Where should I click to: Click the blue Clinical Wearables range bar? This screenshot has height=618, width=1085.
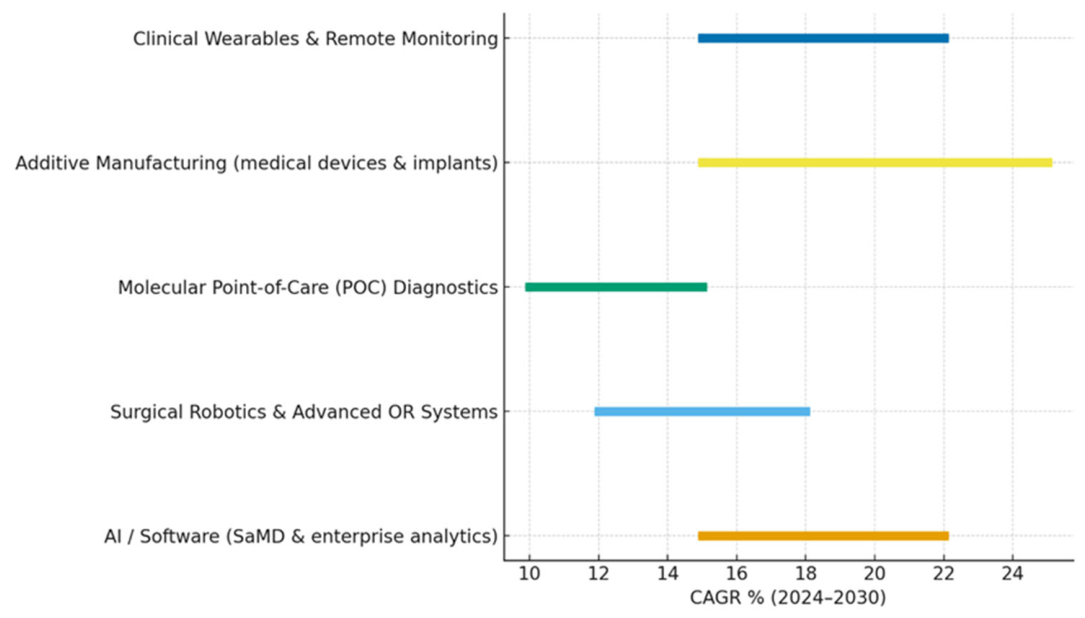click(823, 38)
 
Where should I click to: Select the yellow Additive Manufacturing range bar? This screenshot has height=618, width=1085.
click(875, 163)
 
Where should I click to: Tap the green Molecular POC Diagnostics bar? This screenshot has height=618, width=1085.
click(616, 287)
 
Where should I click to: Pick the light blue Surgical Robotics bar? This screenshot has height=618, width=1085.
click(702, 412)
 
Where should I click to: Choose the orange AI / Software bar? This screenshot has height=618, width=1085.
click(823, 536)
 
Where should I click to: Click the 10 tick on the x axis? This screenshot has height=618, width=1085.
click(529, 574)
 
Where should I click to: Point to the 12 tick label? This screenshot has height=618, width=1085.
click(599, 574)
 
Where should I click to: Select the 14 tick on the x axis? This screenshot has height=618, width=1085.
click(668, 574)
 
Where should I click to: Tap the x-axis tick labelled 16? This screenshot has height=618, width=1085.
click(736, 574)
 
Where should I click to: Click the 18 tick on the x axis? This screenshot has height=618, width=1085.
click(805, 574)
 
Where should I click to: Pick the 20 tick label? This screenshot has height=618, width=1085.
click(875, 574)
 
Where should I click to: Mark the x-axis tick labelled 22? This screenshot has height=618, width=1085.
click(944, 574)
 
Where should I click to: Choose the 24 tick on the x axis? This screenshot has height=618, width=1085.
click(1013, 574)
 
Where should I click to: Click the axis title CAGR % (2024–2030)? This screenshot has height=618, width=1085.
click(788, 597)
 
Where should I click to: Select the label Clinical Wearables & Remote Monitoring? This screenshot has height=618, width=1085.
click(316, 39)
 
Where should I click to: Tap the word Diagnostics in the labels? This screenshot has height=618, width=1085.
click(446, 288)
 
